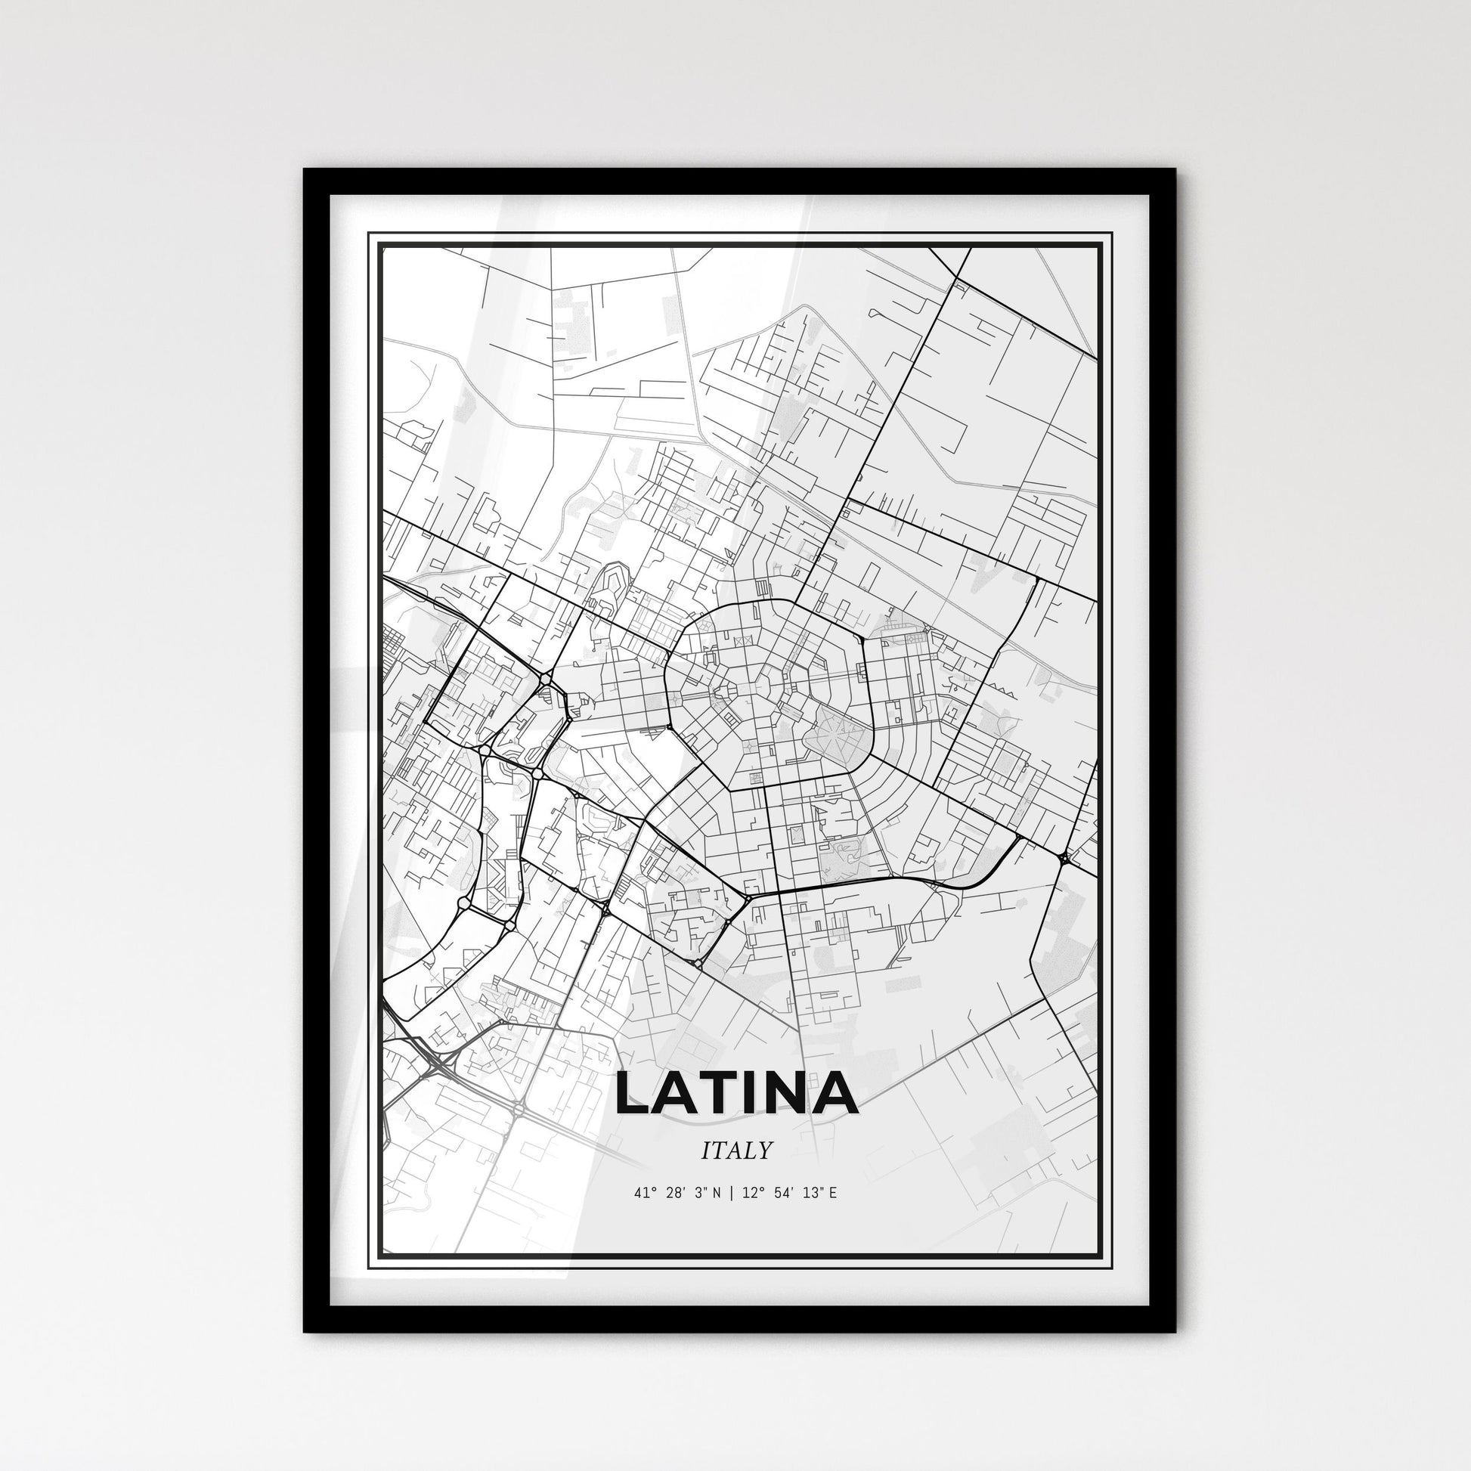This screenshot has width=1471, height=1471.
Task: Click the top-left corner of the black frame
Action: (306, 172)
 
